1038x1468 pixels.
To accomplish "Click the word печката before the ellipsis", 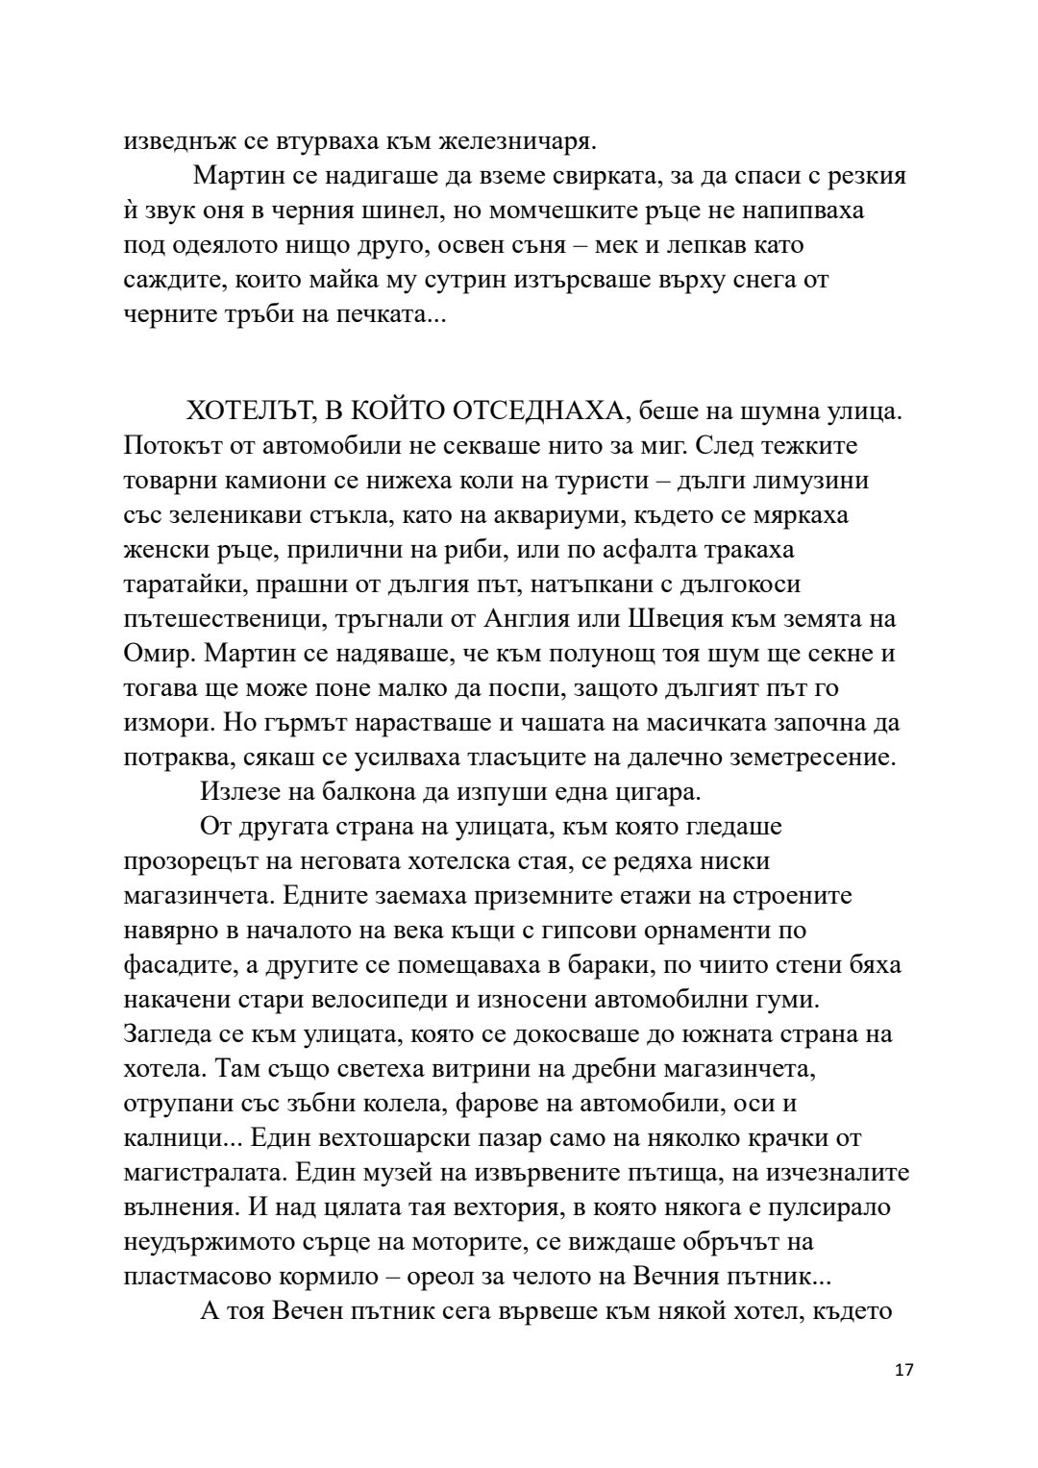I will (383, 314).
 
